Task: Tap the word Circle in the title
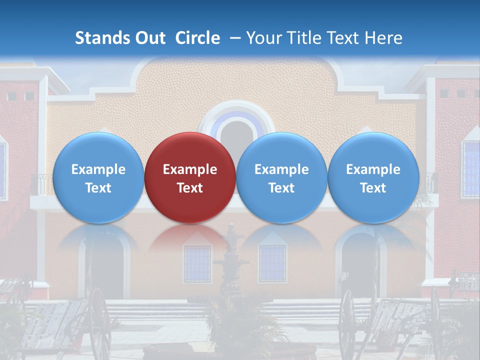click(197, 38)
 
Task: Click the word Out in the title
click(149, 38)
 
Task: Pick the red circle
click(190, 177)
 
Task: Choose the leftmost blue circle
click(98, 177)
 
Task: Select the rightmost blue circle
click(373, 177)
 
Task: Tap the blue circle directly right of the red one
click(281, 177)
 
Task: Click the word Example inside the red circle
click(190, 169)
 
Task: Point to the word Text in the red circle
click(190, 188)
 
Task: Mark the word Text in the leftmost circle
click(98, 188)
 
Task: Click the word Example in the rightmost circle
click(373, 169)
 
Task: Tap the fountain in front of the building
click(231, 270)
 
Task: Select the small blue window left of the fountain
click(197, 263)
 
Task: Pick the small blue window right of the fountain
click(272, 263)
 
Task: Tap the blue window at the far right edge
click(470, 169)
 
